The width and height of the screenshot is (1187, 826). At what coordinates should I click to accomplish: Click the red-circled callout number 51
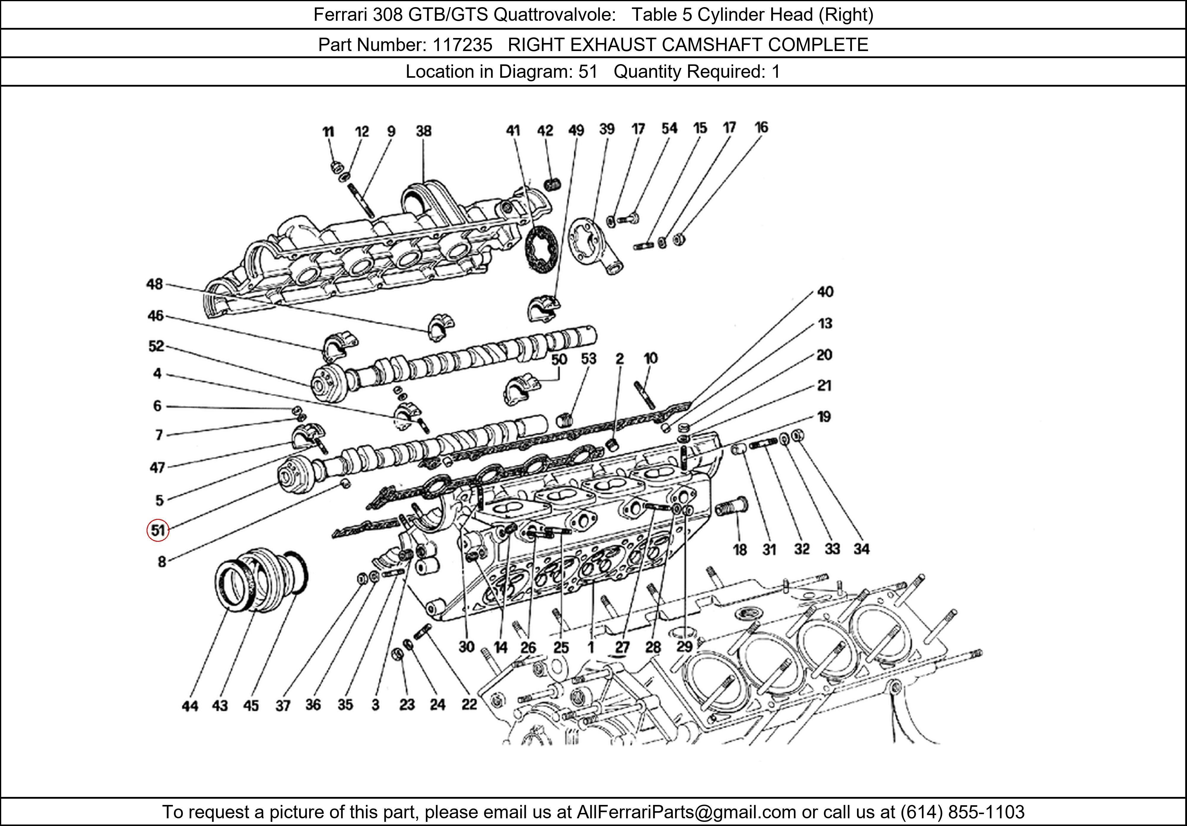click(158, 530)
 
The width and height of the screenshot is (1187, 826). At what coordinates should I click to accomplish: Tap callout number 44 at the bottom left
click(190, 706)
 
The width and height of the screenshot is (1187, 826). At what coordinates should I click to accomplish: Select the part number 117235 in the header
click(462, 45)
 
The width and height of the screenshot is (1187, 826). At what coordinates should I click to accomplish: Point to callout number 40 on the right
click(825, 292)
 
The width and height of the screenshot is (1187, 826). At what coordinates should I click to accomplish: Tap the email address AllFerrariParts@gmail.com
click(686, 812)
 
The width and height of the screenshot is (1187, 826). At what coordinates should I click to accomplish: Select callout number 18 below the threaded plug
click(740, 549)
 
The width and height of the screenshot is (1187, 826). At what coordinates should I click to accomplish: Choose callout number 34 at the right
click(861, 549)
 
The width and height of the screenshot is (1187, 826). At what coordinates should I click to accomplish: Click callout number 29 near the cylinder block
click(685, 646)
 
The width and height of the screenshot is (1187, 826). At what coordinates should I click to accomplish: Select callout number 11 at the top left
click(328, 132)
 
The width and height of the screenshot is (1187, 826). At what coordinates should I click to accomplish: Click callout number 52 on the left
click(156, 346)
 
